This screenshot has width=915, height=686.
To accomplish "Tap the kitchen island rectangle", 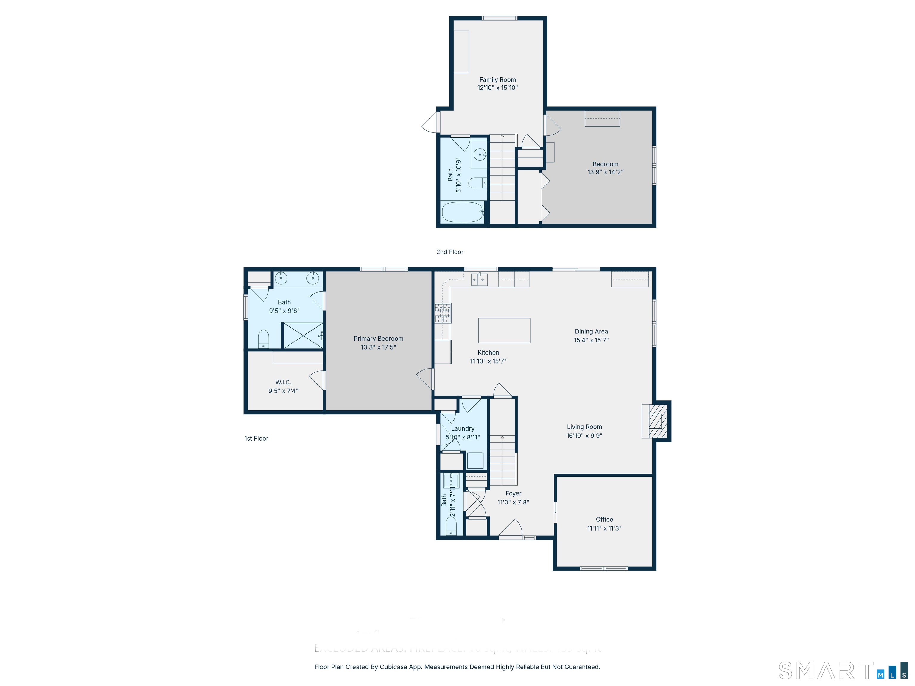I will tap(504, 330).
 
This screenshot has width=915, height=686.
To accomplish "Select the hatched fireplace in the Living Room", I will tap(658, 421).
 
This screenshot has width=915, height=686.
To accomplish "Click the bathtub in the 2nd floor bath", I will tap(463, 212).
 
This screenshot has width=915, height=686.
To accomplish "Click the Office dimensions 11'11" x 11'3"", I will tap(604, 528).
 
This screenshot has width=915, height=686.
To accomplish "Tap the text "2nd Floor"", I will tap(450, 252).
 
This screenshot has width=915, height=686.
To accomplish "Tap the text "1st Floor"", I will tap(256, 438).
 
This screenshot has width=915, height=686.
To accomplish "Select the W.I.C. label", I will tap(283, 382).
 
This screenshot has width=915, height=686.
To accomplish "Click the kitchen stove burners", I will tap(443, 313).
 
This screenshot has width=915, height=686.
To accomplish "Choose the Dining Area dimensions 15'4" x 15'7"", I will tap(591, 340).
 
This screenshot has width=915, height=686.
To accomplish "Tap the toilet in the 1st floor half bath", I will tap(451, 526).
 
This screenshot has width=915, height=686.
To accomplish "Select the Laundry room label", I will tap(463, 428).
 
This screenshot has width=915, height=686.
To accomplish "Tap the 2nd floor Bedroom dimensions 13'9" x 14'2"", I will tap(605, 172).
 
